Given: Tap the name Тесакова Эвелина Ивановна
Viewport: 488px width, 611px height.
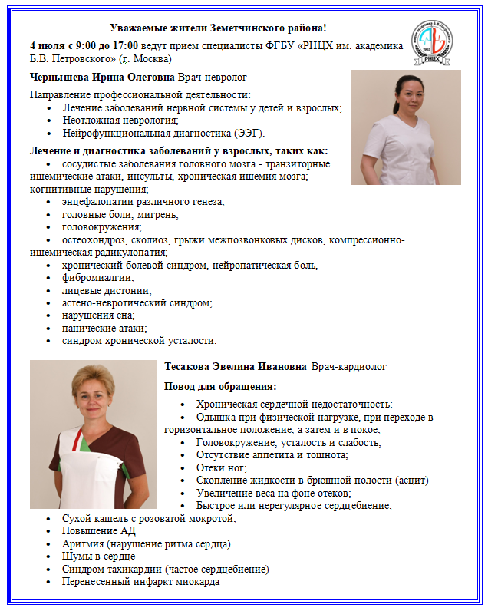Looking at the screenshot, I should click(x=236, y=367).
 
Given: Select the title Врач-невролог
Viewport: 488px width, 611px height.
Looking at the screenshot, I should click(x=212, y=78).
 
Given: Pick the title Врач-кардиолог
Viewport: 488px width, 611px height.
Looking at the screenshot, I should click(x=349, y=367).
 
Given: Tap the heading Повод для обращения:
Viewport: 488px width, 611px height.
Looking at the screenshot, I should click(x=220, y=386).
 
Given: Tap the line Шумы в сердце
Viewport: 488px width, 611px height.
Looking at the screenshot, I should click(x=99, y=556).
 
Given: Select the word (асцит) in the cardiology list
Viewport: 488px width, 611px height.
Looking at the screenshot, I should click(x=411, y=481).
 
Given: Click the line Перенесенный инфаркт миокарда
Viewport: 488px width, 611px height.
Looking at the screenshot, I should click(x=141, y=581).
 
